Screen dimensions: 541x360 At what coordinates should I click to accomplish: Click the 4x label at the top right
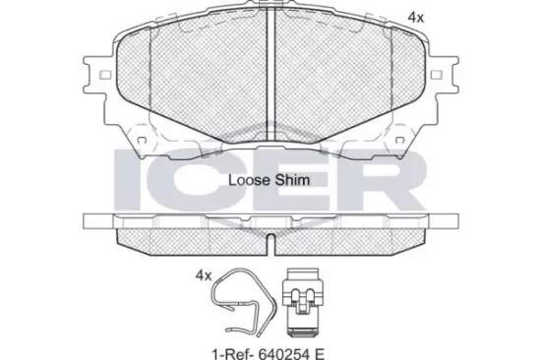point(416,18)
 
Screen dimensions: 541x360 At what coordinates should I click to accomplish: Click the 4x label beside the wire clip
point(204,275)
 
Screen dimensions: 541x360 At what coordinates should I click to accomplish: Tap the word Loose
point(249,180)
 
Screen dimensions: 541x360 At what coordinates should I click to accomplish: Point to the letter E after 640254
point(319,354)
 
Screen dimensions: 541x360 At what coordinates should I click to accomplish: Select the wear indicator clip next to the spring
point(303,302)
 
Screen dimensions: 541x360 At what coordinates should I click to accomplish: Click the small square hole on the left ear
point(105,75)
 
